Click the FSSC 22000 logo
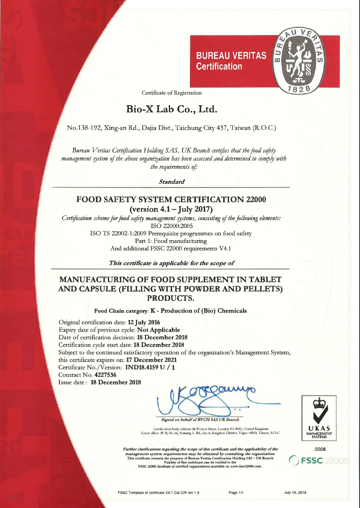pyautogui.click(x=317, y=461)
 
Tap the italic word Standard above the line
pyautogui.click(x=172, y=182)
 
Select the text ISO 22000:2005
pyautogui.click(x=171, y=226)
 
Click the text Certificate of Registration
pyautogui.click(x=172, y=93)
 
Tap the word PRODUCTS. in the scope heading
pyautogui.click(x=171, y=298)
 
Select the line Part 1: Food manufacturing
pyautogui.click(x=171, y=241)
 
